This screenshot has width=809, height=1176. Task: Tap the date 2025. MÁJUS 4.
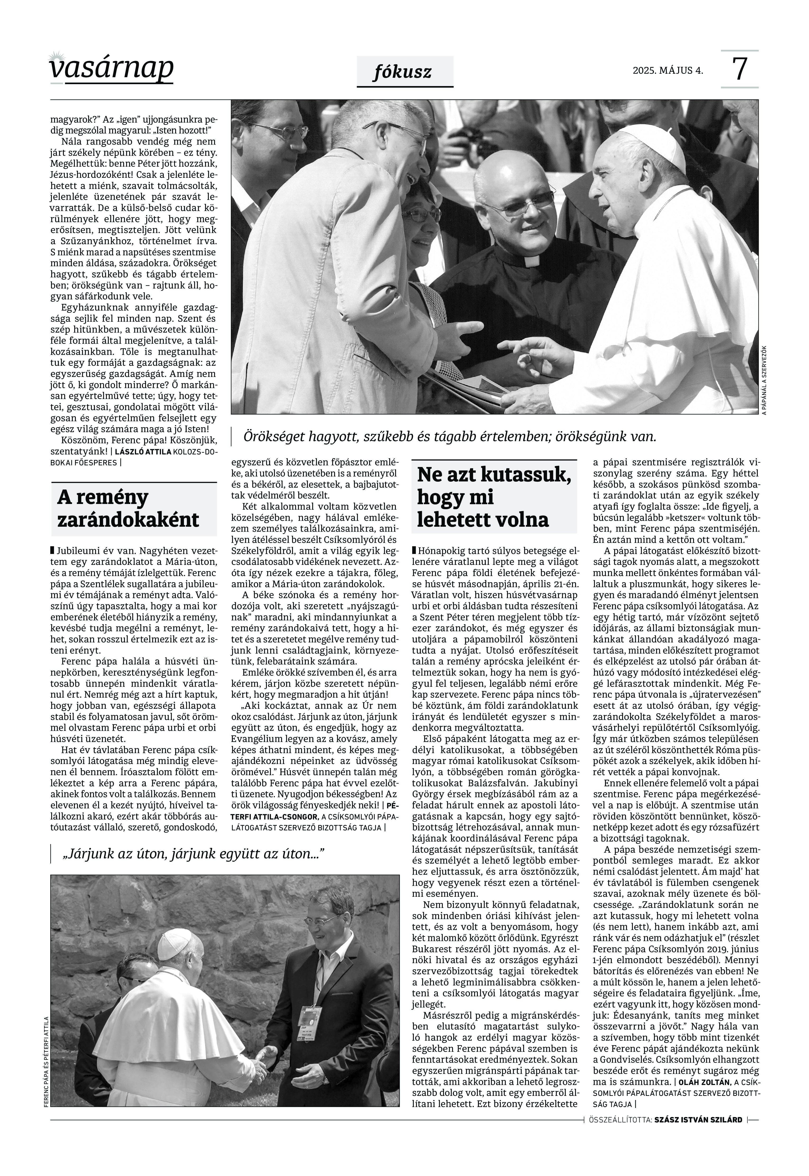667,70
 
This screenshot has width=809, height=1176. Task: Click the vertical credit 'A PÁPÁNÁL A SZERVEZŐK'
764,380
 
